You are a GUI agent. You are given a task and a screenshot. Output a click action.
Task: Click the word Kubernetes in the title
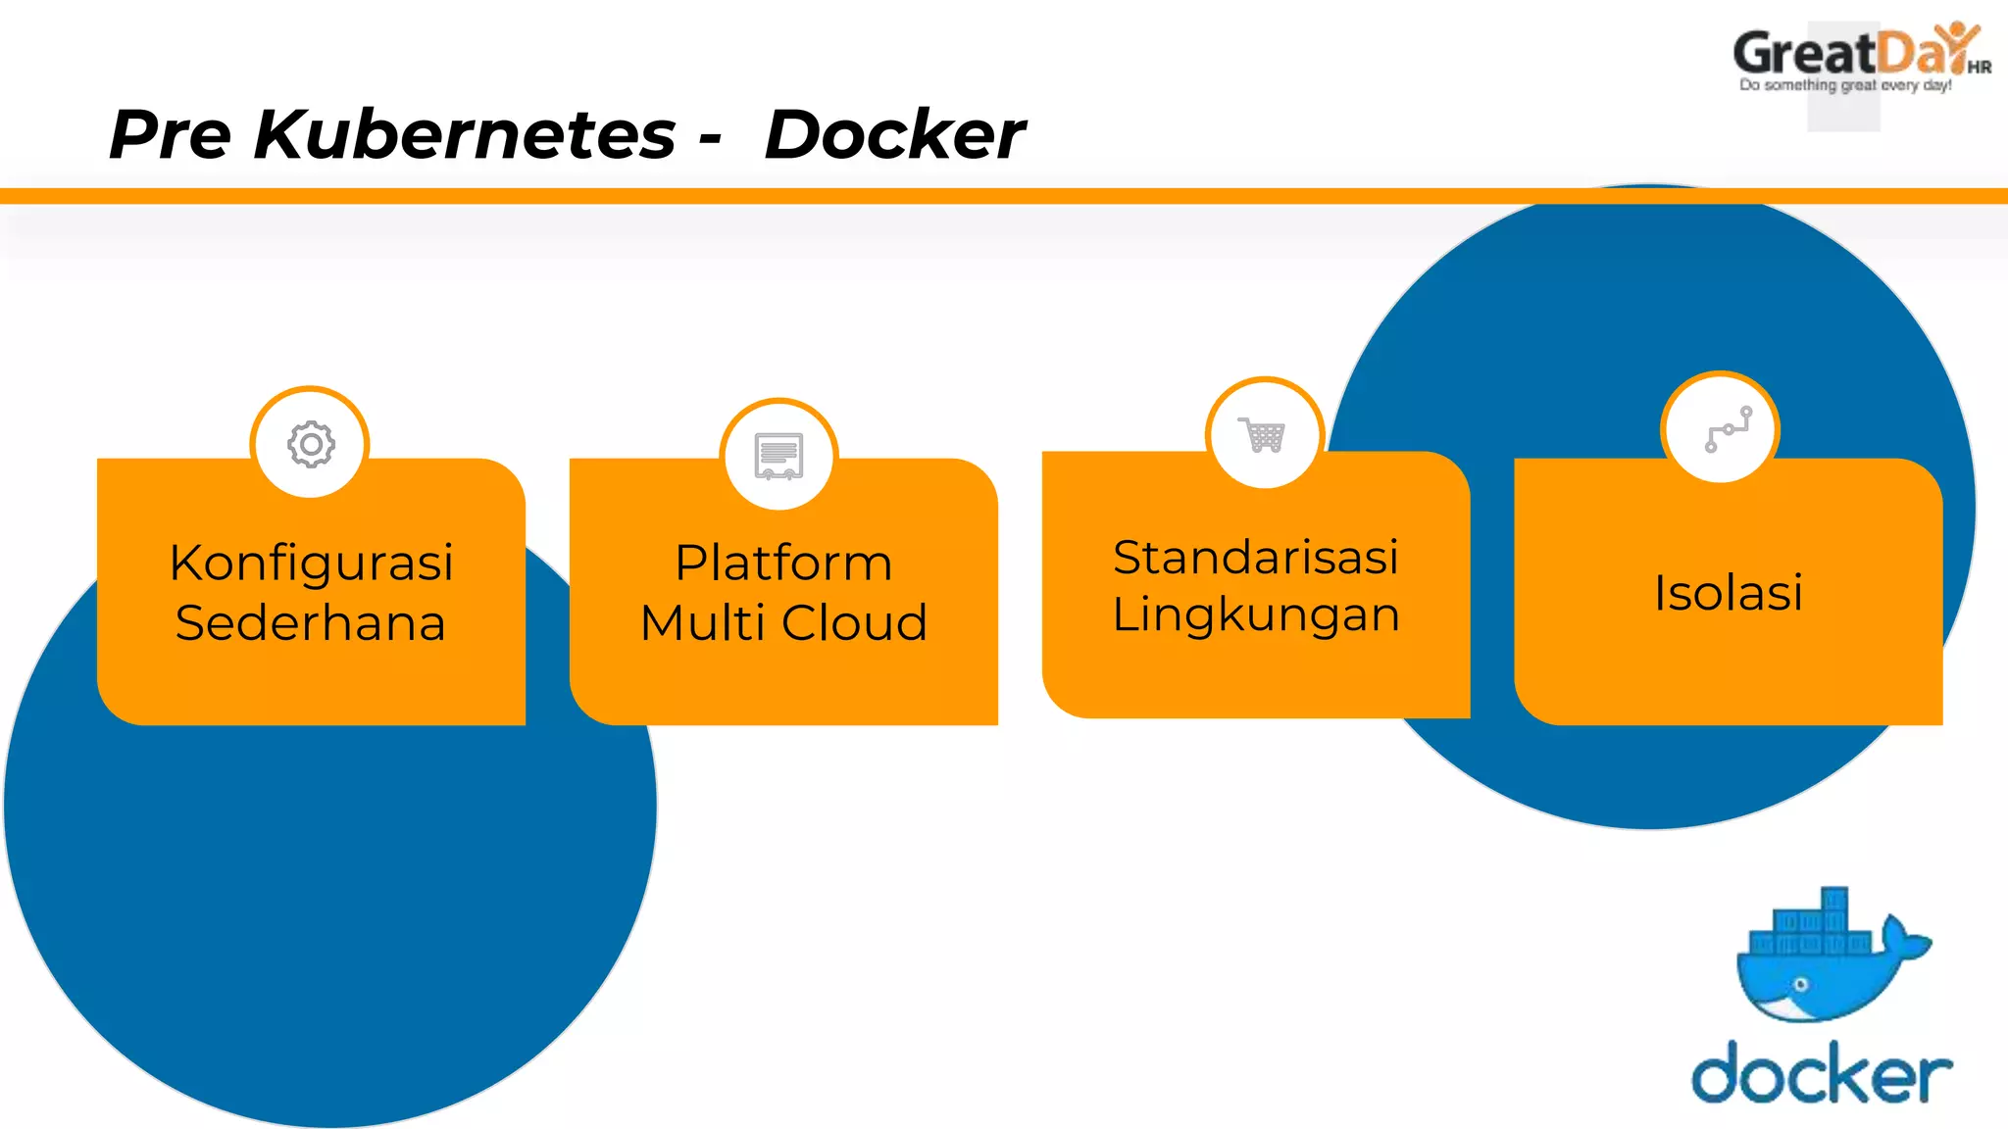464,134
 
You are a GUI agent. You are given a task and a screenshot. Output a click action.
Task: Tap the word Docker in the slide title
894,134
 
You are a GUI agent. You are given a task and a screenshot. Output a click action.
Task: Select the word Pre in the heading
169,134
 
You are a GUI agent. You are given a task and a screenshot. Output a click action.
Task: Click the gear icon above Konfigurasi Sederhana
311,445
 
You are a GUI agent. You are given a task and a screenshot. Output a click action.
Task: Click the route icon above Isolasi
1728,429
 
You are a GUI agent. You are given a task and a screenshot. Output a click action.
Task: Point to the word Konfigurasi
311,563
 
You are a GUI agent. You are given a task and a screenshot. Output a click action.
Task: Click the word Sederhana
311,623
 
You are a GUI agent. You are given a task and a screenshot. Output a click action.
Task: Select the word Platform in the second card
783,563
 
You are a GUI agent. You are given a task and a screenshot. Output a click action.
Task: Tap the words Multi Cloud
783,623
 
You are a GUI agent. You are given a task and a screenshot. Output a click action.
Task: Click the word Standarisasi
1255,557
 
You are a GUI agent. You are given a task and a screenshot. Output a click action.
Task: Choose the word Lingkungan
1255,615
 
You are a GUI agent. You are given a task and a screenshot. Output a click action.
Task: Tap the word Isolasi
1728,592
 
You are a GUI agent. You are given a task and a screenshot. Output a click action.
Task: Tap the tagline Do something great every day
1845,85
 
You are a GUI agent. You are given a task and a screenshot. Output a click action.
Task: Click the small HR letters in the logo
1979,68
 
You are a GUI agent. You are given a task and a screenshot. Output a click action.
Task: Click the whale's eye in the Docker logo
1800,984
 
